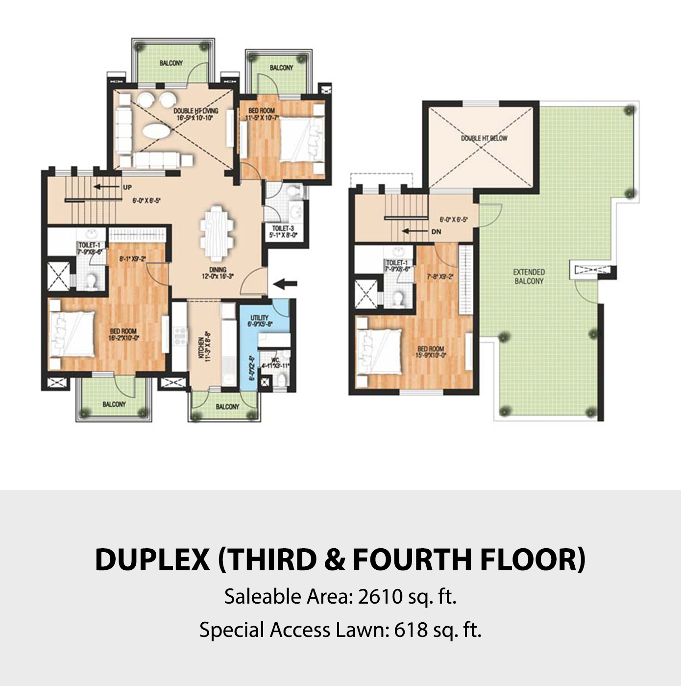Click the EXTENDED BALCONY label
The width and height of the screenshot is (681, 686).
click(x=529, y=277)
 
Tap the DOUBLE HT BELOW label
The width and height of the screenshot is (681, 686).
click(x=484, y=138)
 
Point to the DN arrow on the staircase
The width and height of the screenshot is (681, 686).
click(x=414, y=231)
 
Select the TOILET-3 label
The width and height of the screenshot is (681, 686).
click(x=283, y=229)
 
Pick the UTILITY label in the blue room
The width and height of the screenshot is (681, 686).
click(x=259, y=318)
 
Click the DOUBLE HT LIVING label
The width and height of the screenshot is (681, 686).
click(x=195, y=111)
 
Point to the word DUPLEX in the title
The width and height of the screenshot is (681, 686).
click(x=152, y=559)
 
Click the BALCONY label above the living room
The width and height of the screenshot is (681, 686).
click(x=171, y=63)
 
